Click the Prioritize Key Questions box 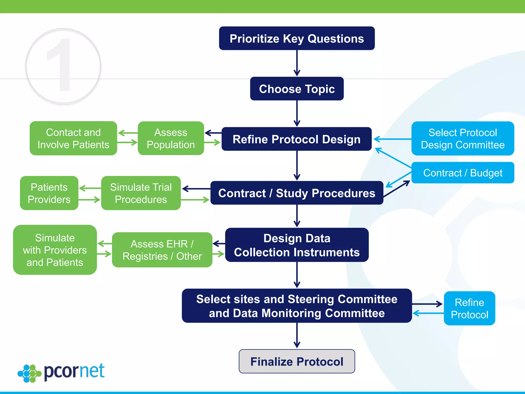click(297, 38)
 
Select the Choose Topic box click(297, 88)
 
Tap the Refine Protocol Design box click(296, 139)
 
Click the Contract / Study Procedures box click(297, 193)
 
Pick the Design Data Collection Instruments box click(297, 245)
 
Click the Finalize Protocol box click(297, 361)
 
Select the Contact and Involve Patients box click(73, 138)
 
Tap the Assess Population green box click(171, 138)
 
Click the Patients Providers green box click(49, 193)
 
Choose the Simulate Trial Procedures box click(141, 193)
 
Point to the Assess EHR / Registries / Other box click(162, 250)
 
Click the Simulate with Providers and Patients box click(55, 250)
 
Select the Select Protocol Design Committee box click(462, 139)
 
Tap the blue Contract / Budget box click(462, 173)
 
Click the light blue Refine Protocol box click(469, 308)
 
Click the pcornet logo click(62, 372)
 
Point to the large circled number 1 click(63, 66)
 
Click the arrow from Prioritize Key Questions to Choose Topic click(297, 63)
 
